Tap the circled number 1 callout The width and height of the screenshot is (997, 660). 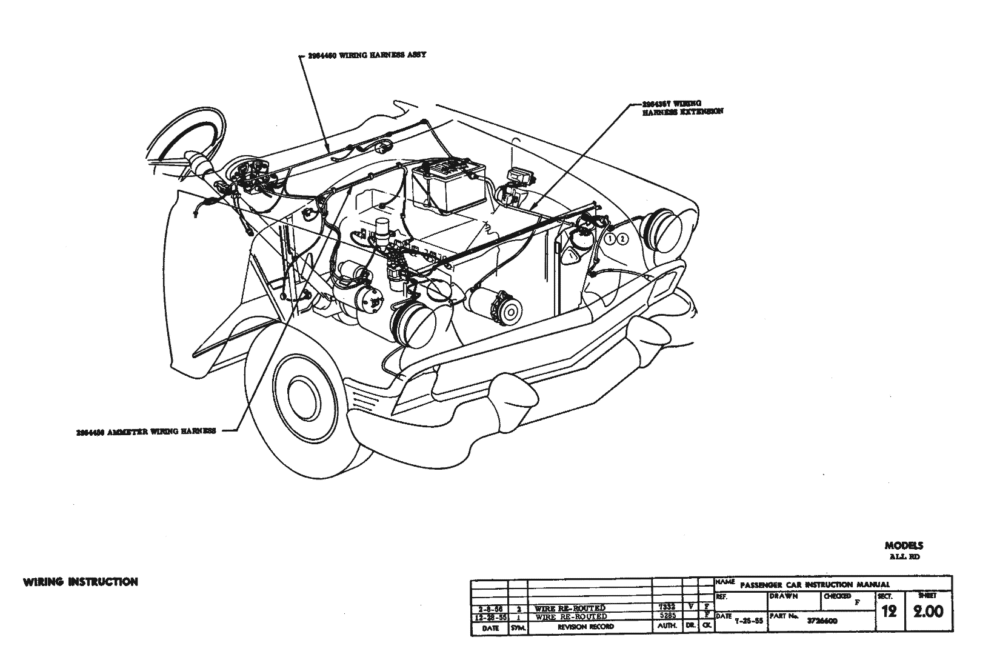click(x=610, y=239)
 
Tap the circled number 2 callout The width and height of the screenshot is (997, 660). click(x=623, y=239)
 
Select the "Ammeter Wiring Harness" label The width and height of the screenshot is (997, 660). click(x=146, y=432)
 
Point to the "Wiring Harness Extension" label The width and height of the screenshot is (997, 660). click(x=682, y=107)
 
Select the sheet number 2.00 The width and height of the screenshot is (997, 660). click(x=929, y=612)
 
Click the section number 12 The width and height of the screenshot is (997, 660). click(x=889, y=612)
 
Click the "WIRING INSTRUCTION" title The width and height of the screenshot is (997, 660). click(x=80, y=582)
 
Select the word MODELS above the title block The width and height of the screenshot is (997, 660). click(x=904, y=545)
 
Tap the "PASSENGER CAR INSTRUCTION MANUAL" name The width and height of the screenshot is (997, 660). click(x=815, y=585)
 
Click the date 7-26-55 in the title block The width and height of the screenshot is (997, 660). click(x=748, y=621)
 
